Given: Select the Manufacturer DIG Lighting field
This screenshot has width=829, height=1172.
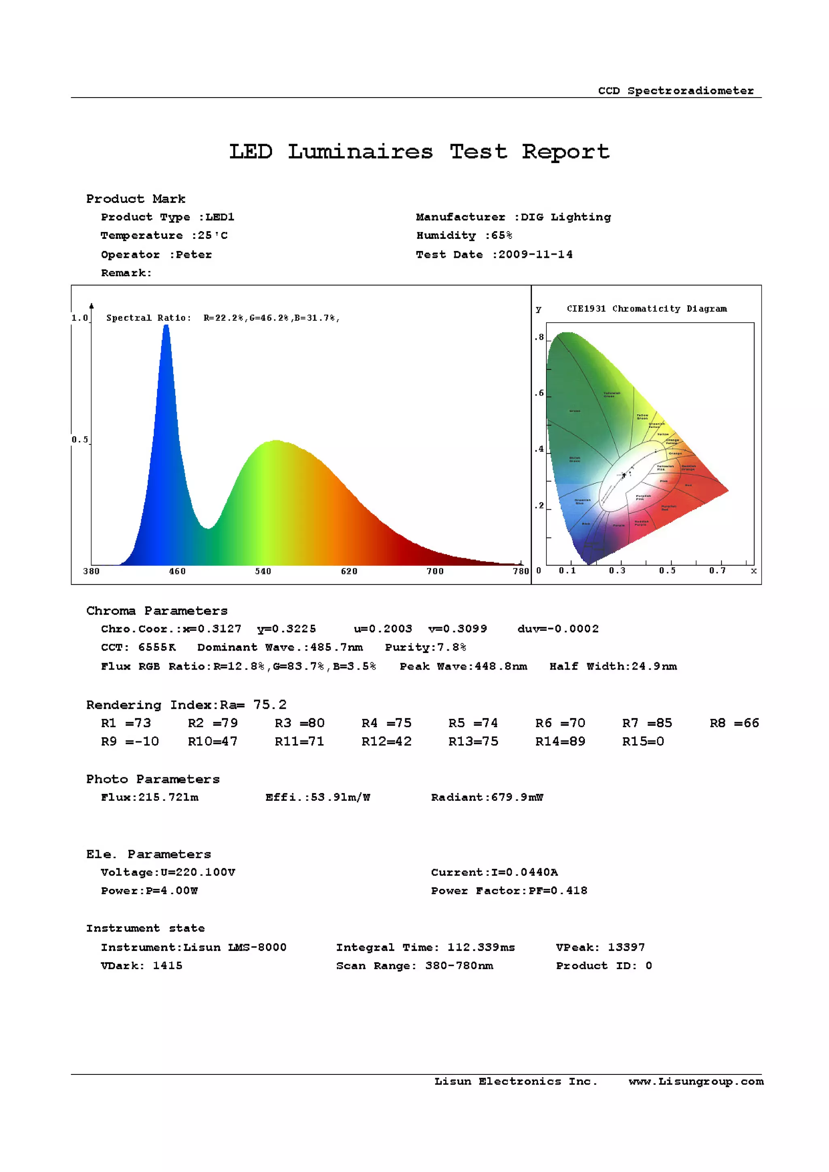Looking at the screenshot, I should pyautogui.click(x=513, y=217).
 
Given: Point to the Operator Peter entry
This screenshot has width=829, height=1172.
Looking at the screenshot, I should pyautogui.click(x=156, y=254).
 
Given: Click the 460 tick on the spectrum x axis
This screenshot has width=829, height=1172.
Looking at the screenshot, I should pyautogui.click(x=177, y=571).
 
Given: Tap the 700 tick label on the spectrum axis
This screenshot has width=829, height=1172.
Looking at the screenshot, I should pyautogui.click(x=435, y=571).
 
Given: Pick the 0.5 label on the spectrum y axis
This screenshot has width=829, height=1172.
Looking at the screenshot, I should pyautogui.click(x=80, y=440).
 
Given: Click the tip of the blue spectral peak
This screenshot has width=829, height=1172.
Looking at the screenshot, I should pyautogui.click(x=166, y=327).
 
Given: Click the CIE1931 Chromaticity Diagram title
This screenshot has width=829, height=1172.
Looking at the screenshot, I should pyautogui.click(x=646, y=308).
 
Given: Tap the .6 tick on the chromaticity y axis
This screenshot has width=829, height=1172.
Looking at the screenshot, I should pyautogui.click(x=540, y=393).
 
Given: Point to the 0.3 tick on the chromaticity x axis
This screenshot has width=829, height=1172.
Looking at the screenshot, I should pyautogui.click(x=616, y=570).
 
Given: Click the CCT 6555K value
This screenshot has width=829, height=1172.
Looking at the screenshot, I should pyautogui.click(x=138, y=647).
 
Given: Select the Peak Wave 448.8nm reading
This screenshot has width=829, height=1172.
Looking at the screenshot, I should pyautogui.click(x=463, y=666).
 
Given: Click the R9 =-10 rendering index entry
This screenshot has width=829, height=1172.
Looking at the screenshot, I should pyautogui.click(x=130, y=741).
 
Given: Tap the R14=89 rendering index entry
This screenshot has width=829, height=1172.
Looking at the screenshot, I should pyautogui.click(x=560, y=741).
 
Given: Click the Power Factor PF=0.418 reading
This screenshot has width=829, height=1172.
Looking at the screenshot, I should pyautogui.click(x=509, y=890).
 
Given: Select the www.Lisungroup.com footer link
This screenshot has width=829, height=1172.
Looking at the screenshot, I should pyautogui.click(x=696, y=1081).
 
